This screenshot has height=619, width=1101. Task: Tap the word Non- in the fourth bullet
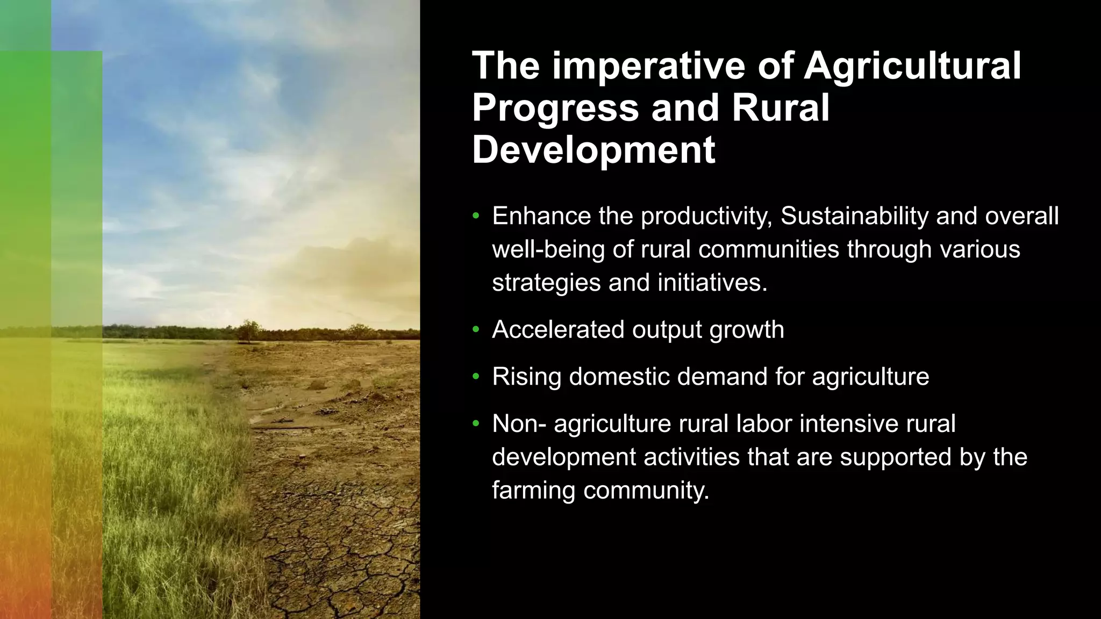(519, 423)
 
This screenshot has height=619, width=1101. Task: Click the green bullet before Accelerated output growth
(475, 330)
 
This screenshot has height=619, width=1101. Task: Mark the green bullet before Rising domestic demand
(475, 377)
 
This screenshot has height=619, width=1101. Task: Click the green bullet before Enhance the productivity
(475, 217)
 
